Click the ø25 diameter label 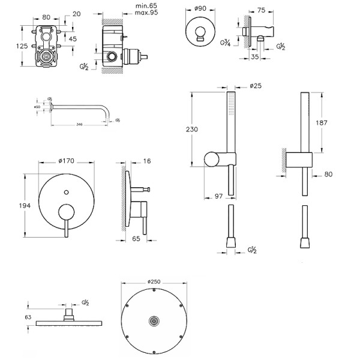(x=255, y=85)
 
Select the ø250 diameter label (x=151, y=281)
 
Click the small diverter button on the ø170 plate (x=66, y=193)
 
